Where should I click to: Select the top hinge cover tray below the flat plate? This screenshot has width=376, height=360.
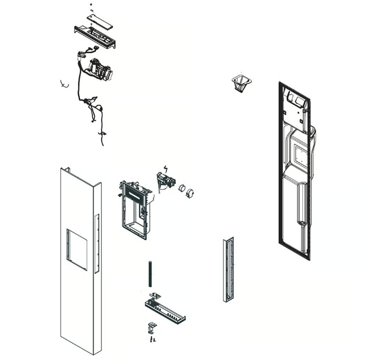point(95,36)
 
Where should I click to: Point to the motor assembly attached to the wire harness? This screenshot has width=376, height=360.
point(100,69)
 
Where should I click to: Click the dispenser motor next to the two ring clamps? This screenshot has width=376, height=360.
point(164,181)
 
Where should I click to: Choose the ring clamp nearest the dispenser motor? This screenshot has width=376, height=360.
point(181,188)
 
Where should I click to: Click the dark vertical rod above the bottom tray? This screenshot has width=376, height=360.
point(148,274)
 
